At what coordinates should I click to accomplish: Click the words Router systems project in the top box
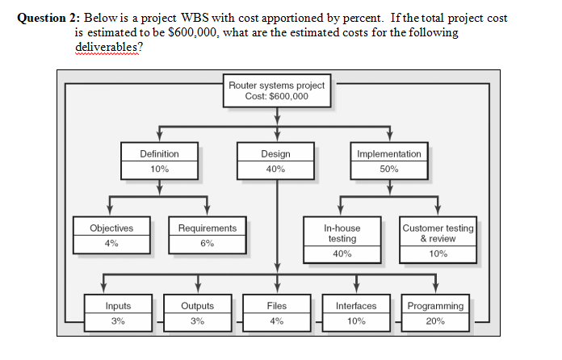coord(276,85)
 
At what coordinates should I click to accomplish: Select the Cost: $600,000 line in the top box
coord(276,96)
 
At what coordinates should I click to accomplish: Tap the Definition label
coord(159,153)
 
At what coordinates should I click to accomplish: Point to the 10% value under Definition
coord(159,169)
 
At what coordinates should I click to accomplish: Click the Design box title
coord(276,153)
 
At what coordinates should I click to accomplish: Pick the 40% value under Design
coord(276,169)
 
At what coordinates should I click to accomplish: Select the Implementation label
coord(388,153)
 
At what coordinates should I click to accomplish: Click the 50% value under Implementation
coord(388,169)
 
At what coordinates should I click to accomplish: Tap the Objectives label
coord(111,228)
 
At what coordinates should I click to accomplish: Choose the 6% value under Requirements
coord(208,244)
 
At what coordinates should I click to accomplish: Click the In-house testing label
coord(342,233)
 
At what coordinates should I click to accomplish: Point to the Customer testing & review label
coord(438,233)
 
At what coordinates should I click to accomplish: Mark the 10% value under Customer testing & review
coord(438,254)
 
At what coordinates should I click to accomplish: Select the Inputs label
coord(118,306)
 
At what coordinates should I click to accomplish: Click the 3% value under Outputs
coord(197,321)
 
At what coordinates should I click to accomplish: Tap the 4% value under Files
coord(276,321)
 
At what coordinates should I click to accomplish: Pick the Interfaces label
coord(355,306)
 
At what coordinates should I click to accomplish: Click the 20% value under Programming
coord(435,321)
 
